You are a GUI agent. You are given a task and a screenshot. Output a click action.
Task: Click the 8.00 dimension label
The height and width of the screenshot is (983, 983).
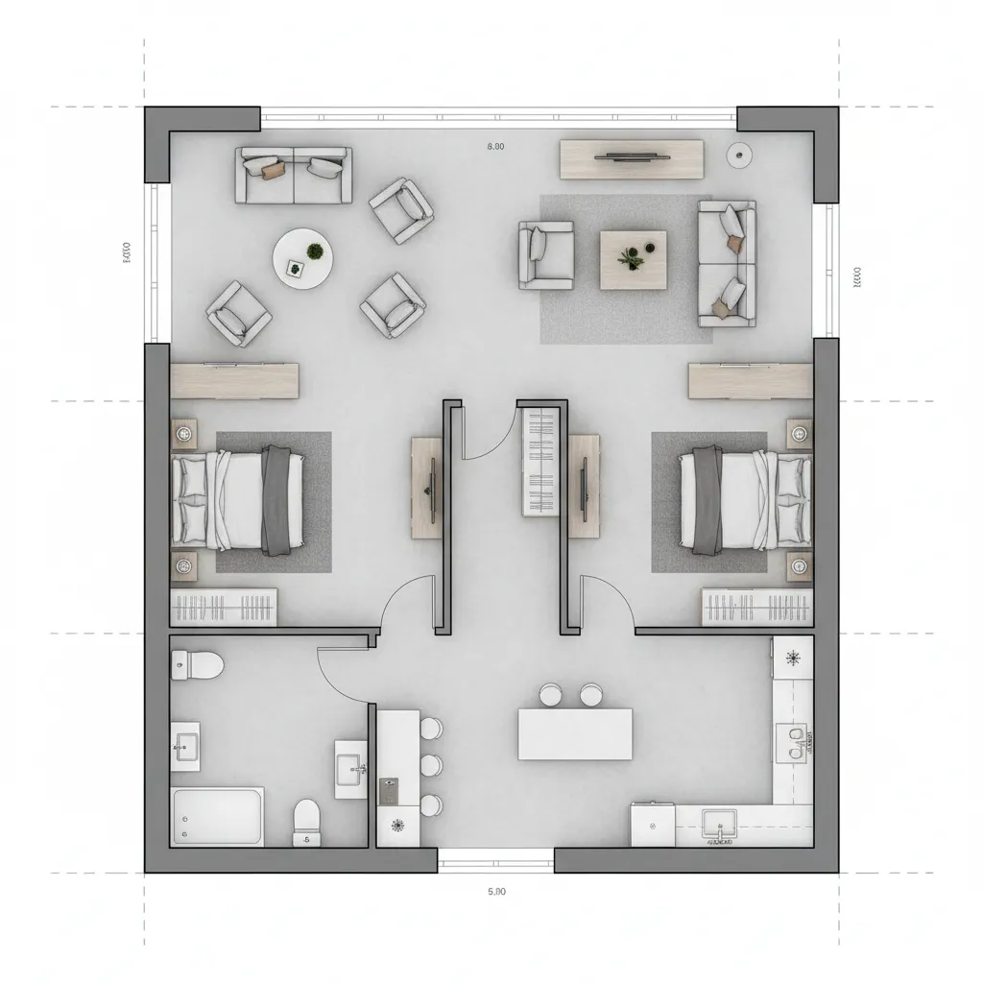(495, 147)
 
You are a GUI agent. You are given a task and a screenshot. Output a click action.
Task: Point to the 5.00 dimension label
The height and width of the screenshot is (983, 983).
(495, 891)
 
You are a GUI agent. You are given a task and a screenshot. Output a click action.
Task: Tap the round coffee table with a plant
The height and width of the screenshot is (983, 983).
(304, 257)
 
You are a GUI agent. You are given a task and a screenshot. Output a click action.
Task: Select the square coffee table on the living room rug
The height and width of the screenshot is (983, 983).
(635, 259)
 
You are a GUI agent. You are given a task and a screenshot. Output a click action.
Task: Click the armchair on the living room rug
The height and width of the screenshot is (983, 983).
(546, 254)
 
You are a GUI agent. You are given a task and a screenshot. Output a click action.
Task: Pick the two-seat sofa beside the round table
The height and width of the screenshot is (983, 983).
(292, 175)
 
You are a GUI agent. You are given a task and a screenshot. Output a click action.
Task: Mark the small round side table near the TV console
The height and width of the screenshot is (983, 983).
(739, 154)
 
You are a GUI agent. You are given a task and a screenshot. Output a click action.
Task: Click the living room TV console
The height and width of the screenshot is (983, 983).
(632, 158)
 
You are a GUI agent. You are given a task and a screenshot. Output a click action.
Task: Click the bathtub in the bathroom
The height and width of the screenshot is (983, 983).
(218, 816)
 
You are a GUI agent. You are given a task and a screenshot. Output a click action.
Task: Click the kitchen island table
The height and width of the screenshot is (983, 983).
(575, 734)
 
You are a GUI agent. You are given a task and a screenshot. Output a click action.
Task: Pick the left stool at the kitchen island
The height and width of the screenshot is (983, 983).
(551, 694)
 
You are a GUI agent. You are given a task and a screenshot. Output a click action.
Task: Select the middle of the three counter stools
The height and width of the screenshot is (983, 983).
(432, 765)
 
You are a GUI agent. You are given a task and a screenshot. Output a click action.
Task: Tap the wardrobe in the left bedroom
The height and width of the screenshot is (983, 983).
(224, 608)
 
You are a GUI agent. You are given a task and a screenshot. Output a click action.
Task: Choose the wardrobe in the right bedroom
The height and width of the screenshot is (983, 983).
(756, 608)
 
